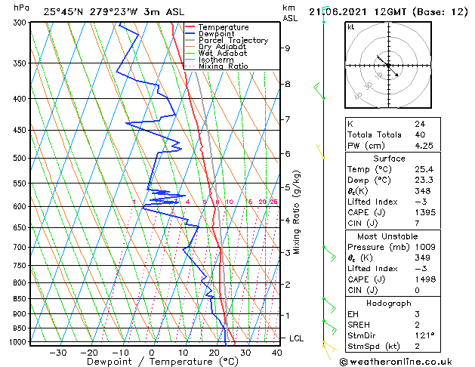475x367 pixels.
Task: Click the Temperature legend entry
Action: (x=223, y=27)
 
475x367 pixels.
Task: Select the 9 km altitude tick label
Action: (x=288, y=48)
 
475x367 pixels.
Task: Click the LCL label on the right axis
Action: (x=296, y=338)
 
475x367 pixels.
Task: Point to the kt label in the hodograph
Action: (x=351, y=27)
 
